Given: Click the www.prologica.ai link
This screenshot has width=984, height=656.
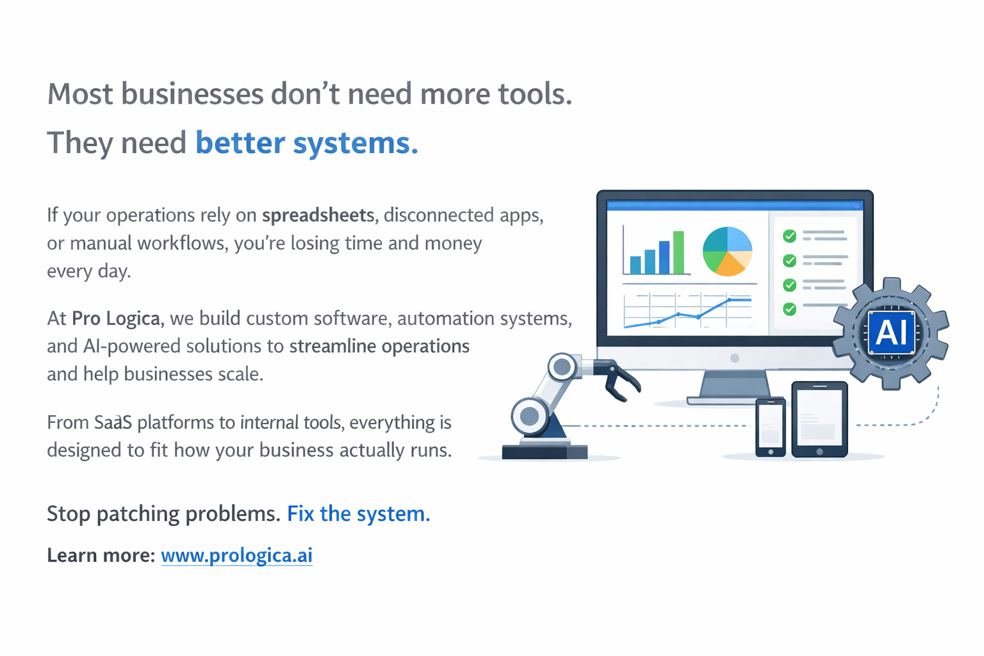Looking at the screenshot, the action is (x=236, y=555).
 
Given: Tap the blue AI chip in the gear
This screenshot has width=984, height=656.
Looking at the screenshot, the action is (x=891, y=332).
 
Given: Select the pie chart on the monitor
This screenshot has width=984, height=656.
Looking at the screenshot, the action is (x=728, y=251).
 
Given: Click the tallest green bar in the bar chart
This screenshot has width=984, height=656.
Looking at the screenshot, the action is (x=678, y=252).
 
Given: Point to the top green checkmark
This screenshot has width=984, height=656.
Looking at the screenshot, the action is (x=789, y=236).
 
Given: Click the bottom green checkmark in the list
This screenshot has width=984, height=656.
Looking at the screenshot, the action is (x=789, y=309).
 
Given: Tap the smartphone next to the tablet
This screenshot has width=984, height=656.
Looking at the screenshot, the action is (x=771, y=427).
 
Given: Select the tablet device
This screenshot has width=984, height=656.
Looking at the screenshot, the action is (x=820, y=419).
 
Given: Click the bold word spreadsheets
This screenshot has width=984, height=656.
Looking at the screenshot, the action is (x=318, y=215).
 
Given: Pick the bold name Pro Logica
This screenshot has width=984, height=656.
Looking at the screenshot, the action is (x=115, y=319).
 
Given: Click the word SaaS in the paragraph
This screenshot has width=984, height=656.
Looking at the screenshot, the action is (x=113, y=422).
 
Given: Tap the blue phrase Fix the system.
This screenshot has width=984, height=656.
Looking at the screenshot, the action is (x=359, y=514).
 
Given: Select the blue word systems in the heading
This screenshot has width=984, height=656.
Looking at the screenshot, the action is (x=356, y=143).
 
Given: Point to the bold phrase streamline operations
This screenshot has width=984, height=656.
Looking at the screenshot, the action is (x=379, y=346).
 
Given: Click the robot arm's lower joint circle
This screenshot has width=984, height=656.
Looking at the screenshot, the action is (x=529, y=416).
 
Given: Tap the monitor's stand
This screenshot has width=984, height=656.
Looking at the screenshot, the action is (x=734, y=387).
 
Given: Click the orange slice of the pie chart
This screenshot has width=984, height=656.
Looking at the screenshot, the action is (x=729, y=264).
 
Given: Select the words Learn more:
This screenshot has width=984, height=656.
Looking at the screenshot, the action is (x=101, y=555).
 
